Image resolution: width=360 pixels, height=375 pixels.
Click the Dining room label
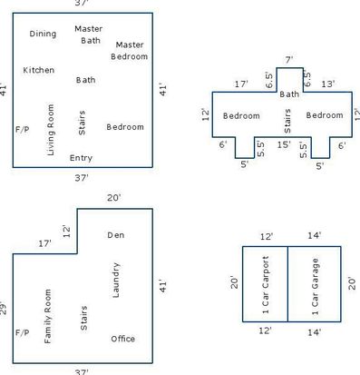coord(43,34)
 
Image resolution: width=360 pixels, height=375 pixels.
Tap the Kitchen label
coord(39,70)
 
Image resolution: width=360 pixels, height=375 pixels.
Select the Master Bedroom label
coord(130,51)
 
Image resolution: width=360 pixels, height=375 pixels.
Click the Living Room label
coord(51,130)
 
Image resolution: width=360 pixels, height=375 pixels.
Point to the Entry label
coord(81,158)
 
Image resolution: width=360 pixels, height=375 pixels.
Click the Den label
coord(116,235)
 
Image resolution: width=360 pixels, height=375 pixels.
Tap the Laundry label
coord(116,280)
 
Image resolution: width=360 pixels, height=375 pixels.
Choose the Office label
coord(123,339)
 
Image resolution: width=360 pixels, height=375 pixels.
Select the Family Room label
coord(48,316)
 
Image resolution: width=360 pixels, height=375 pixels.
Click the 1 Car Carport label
coord(266,285)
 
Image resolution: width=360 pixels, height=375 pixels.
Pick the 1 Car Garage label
coord(315,286)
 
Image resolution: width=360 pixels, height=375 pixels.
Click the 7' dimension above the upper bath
coord(289,60)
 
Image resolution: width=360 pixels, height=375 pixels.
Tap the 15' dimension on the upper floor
coord(284,144)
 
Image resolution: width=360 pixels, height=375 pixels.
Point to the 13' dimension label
coord(328,84)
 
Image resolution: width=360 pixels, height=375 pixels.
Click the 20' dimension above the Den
coord(114,198)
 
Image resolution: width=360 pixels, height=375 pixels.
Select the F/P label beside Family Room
coord(23,333)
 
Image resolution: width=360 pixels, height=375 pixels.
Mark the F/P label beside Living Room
coord(23,130)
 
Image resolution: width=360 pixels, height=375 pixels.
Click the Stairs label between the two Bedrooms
coord(287,121)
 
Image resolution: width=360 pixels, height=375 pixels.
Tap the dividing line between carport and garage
coord(287,284)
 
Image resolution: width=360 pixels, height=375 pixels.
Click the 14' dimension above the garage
coord(315,235)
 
